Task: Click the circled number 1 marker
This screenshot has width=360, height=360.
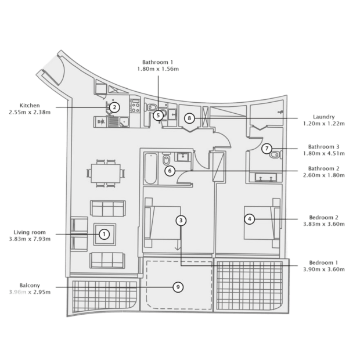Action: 105,234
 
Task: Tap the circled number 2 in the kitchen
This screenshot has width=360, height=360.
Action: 114,107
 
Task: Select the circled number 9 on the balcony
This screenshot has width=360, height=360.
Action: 178,287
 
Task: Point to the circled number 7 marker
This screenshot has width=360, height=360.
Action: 267,148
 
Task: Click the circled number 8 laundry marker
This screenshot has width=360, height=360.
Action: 189,118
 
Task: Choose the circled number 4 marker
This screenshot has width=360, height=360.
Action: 250,219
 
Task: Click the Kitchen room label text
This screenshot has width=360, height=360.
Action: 30,106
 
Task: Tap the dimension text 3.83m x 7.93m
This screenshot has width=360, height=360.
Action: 30,239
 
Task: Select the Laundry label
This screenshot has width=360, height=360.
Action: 324,117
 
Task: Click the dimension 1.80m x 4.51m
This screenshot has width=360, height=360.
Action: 324,153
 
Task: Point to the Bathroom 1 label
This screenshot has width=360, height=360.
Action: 158,62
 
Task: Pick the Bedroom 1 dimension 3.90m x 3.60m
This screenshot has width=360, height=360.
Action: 324,269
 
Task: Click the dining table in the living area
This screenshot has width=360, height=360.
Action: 106,174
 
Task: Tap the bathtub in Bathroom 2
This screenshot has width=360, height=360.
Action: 151,168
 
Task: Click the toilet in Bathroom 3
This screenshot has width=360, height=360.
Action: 276,154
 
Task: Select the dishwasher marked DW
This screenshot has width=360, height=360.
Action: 101,122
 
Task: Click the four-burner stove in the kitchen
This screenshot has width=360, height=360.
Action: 135,106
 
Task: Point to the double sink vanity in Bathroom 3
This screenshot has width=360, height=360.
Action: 266,178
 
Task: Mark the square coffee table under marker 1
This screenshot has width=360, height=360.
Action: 105,234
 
